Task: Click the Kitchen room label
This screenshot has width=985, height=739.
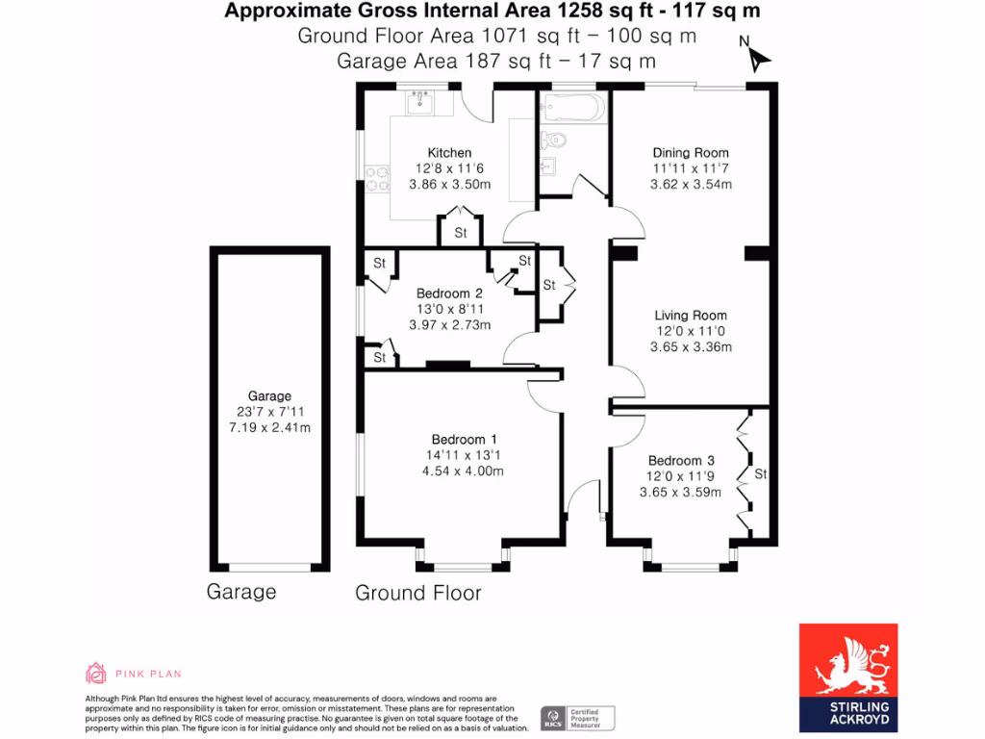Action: pyautogui.click(x=449, y=152)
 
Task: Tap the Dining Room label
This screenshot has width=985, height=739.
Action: pyautogui.click(x=691, y=152)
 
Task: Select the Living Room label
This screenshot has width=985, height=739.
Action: pyautogui.click(x=691, y=315)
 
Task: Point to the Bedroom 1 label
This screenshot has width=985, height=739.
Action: pyautogui.click(x=458, y=440)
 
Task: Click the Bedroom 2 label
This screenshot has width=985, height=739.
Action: pyautogui.click(x=449, y=293)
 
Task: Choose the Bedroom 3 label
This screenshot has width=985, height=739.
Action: pyautogui.click(x=680, y=460)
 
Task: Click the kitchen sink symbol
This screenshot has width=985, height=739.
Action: pyautogui.click(x=421, y=102)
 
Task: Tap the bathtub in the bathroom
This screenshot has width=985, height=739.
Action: pyautogui.click(x=573, y=107)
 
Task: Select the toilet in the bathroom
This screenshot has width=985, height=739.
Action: pyautogui.click(x=555, y=140)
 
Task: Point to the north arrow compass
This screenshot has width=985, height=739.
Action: pyautogui.click(x=757, y=57)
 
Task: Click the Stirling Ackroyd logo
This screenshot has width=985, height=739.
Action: pyautogui.click(x=848, y=676)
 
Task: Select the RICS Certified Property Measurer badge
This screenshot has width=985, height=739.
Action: pyautogui.click(x=577, y=718)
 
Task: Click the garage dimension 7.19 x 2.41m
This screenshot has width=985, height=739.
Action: pyautogui.click(x=269, y=427)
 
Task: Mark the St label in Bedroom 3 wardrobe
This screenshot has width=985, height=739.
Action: pyautogui.click(x=761, y=474)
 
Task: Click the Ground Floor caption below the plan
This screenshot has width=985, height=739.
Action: pyautogui.click(x=418, y=593)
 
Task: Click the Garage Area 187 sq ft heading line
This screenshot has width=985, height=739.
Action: pyautogui.click(x=496, y=61)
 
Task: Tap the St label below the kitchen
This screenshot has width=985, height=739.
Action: pyautogui.click(x=461, y=233)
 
